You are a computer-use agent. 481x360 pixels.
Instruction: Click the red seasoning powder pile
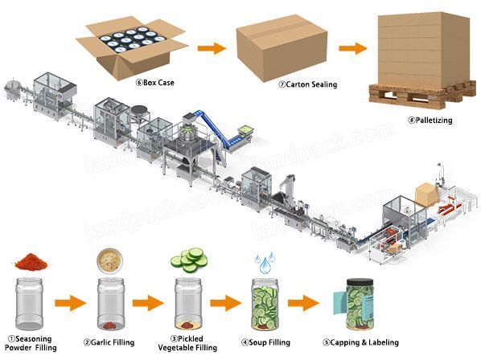point(31,264)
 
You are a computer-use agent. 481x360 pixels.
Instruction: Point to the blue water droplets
point(265,263)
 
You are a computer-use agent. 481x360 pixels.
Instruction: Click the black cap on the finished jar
point(360,282)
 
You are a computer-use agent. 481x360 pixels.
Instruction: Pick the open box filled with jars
point(131,47)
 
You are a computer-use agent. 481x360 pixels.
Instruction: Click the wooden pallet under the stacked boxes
point(422,93)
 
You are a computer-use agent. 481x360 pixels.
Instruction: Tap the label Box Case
point(155,83)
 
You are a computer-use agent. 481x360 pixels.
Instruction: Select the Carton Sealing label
point(308,84)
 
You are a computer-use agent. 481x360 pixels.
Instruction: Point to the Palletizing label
point(430,121)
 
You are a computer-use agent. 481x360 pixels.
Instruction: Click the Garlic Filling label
point(109,342)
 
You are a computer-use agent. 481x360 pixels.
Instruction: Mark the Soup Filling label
point(265,342)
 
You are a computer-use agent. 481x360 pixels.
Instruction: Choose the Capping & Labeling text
point(360,342)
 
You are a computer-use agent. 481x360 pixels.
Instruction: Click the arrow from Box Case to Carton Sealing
point(212,48)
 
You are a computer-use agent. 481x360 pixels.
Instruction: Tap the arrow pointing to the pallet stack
point(353,48)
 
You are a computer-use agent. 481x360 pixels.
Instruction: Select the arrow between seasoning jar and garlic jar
point(71,303)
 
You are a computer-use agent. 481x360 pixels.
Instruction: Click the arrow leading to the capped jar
point(304,303)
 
